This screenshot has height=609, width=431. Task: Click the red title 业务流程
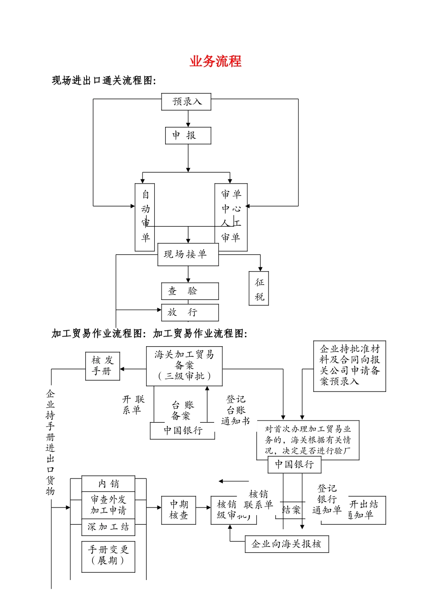(215, 61)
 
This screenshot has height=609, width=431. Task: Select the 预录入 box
(187, 101)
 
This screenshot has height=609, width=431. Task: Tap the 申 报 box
(188, 135)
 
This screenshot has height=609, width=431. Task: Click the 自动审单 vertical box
(145, 217)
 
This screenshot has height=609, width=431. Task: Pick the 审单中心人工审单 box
(231, 217)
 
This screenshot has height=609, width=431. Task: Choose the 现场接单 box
(188, 254)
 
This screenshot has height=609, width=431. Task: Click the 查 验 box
(190, 291)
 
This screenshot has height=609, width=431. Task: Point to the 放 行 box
(190, 312)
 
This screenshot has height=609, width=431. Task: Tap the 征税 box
(259, 289)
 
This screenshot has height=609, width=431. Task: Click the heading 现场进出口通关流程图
(104, 81)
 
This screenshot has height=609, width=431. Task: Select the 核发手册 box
(103, 366)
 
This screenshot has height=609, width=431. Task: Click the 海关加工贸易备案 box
(184, 366)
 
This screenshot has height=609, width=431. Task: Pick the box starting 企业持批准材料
(349, 366)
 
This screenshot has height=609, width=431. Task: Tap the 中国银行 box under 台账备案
(182, 430)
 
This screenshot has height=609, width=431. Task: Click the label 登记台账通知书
(235, 410)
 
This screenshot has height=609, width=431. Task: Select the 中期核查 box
(178, 510)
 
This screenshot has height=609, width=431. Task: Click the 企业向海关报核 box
(287, 544)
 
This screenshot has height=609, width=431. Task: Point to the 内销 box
(108, 483)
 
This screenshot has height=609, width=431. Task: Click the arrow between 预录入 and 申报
(188, 119)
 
